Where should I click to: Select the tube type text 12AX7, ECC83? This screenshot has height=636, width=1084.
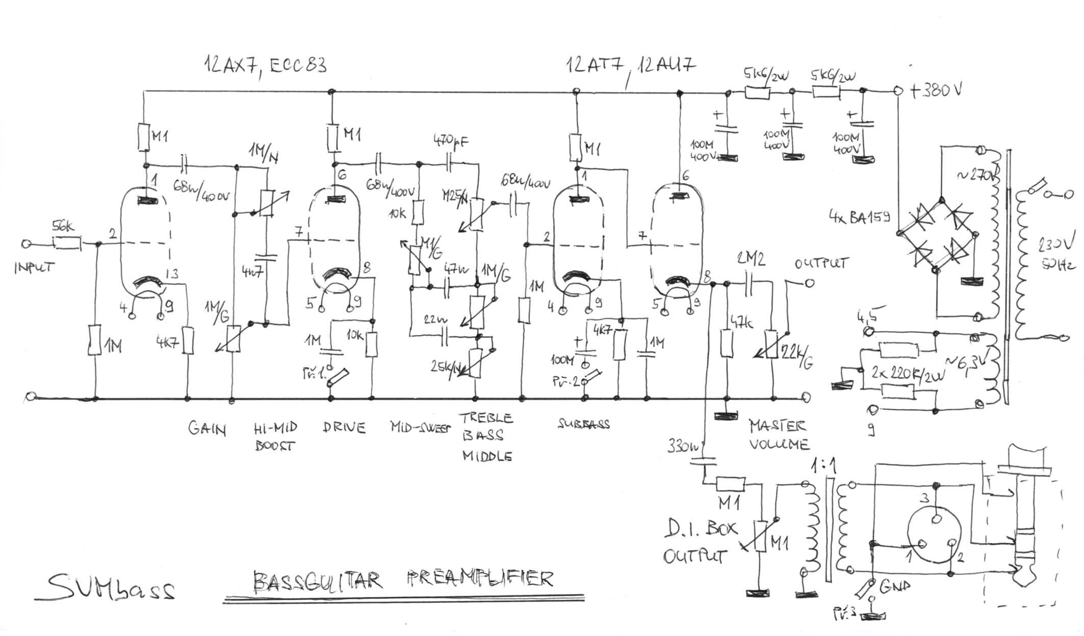click(x=265, y=65)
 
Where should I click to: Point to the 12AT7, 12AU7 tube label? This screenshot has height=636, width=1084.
click(x=630, y=66)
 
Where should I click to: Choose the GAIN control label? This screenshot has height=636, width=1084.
click(x=207, y=429)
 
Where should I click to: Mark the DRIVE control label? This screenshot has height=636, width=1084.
click(x=344, y=427)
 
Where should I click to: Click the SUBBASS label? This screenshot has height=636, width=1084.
click(x=583, y=424)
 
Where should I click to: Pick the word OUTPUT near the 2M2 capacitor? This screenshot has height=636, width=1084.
click(x=821, y=263)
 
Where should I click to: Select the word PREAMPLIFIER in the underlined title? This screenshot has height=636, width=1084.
click(x=480, y=579)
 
